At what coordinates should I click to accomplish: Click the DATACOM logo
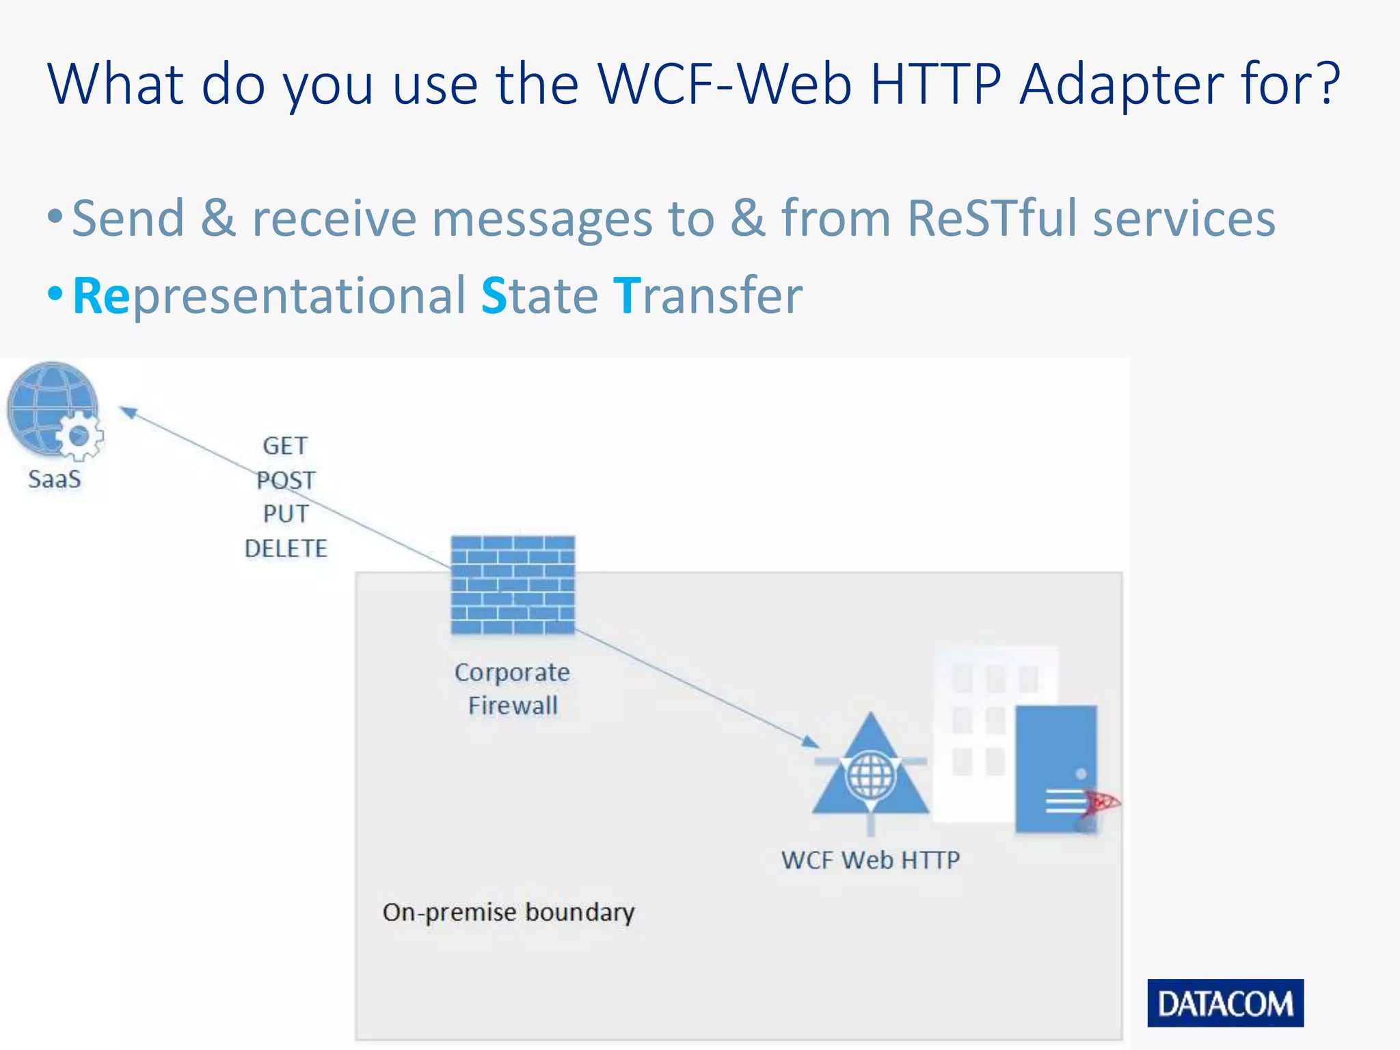click(1225, 1003)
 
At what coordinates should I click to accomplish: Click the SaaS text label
click(54, 479)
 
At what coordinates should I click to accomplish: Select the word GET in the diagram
click(285, 446)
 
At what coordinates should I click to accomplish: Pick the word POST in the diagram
click(286, 480)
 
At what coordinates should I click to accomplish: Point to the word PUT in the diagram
click(286, 513)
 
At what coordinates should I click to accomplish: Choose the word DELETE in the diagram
click(286, 548)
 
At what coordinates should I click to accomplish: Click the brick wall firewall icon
click(513, 585)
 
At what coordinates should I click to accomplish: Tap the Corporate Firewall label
click(513, 688)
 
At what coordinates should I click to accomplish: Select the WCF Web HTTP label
click(870, 859)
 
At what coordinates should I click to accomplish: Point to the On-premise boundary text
click(509, 912)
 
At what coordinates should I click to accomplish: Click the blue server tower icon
click(1055, 769)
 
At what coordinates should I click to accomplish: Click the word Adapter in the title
click(1120, 84)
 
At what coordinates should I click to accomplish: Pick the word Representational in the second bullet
click(269, 295)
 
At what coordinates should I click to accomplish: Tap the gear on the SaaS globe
click(79, 435)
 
